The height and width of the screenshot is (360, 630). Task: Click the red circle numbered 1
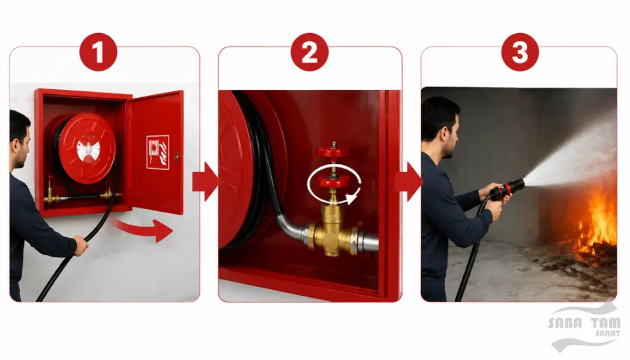coord(98,52)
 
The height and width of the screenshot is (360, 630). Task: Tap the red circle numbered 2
coord(310,52)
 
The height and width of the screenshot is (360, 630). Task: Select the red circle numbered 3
coord(520,52)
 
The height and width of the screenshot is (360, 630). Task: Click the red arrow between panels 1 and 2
coord(205,182)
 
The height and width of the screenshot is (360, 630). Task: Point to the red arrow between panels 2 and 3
coord(409,182)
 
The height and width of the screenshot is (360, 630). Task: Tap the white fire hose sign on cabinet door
coord(158,152)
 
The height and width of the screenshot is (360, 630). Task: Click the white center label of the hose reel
coord(87,151)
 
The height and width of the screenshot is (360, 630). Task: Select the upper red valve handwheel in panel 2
coord(332,152)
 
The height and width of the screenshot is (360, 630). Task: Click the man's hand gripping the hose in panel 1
coord(80,245)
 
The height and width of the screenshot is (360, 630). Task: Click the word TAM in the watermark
coord(605,322)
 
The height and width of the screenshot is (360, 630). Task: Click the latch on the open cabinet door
coord(176,156)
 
